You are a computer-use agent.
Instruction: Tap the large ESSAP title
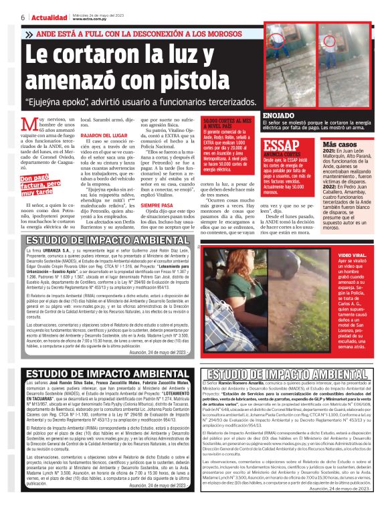pos(285,147)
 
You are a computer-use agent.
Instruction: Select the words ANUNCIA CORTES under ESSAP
pos(282,158)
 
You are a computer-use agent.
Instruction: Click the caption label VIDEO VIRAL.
pos(354,256)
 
